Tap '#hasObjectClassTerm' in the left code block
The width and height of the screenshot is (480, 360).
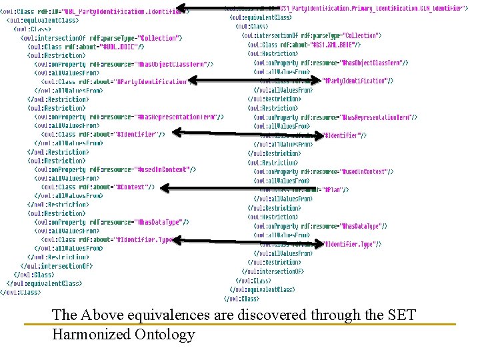click(x=173, y=65)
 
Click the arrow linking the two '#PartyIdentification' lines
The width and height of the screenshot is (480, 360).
click(x=253, y=81)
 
